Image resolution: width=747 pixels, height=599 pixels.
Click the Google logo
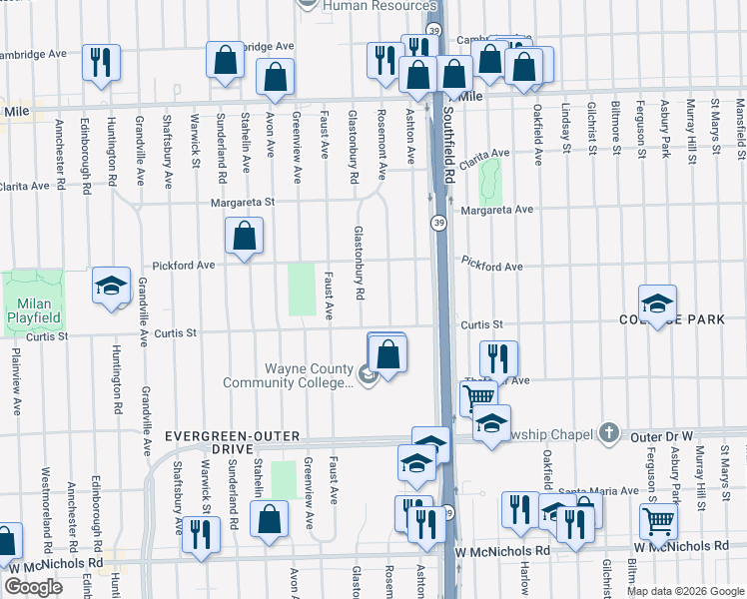tap(33, 588)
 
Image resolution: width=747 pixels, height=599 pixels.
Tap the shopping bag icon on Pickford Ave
tap(244, 238)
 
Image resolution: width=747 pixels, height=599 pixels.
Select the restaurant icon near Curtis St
tap(497, 357)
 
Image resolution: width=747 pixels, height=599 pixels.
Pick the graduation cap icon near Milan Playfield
tap(111, 286)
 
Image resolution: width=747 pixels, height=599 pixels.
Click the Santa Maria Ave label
tap(600, 490)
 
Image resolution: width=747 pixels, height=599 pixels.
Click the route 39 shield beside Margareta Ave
tap(438, 221)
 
